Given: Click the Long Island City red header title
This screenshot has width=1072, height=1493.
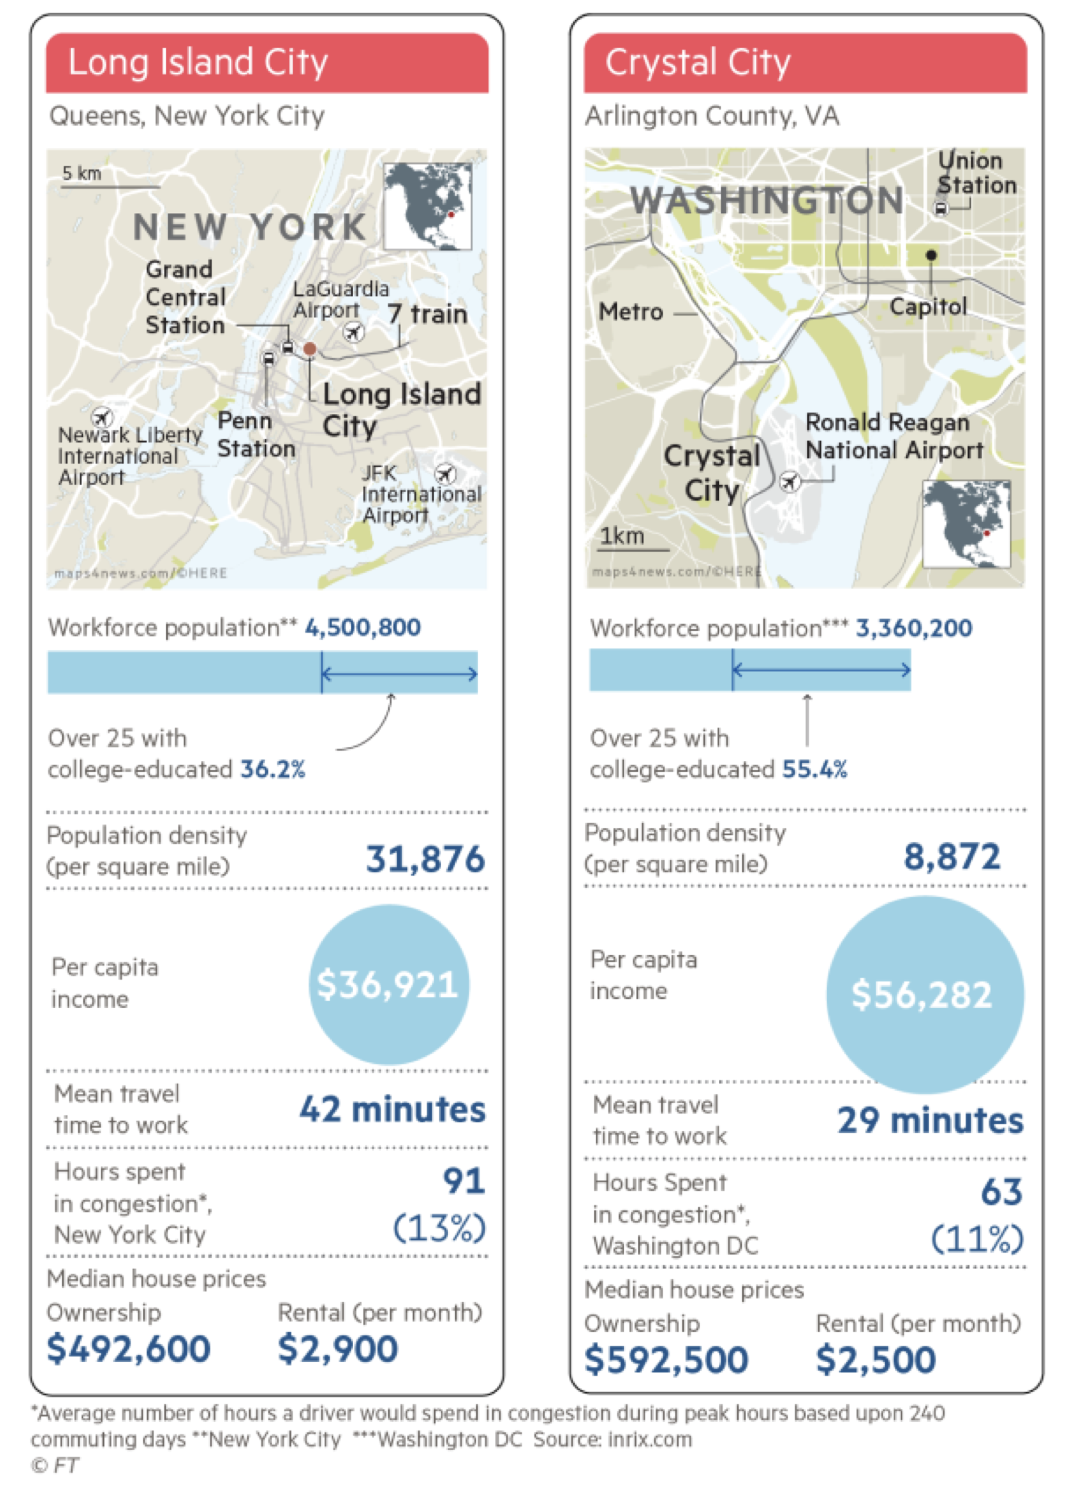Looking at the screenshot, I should (197, 63).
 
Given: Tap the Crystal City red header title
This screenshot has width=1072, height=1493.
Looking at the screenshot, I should (697, 63).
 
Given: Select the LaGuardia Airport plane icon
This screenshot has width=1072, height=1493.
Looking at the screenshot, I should (353, 333).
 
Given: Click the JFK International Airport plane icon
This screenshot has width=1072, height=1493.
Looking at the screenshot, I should (445, 473).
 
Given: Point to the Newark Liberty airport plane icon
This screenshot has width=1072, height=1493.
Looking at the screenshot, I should (102, 416).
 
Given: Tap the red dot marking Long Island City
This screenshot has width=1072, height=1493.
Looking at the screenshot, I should (309, 349).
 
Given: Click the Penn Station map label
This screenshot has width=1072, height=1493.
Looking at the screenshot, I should (256, 434).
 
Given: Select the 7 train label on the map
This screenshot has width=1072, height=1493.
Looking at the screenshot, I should (427, 314).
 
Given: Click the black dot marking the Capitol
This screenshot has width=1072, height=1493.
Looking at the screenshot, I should (931, 255).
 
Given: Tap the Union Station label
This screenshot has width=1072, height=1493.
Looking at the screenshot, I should (976, 173).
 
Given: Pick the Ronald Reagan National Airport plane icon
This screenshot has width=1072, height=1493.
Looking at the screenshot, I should (790, 482).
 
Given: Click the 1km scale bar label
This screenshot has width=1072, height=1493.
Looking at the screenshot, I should (621, 536).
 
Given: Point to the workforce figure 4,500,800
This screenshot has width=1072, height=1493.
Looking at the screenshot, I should (363, 627).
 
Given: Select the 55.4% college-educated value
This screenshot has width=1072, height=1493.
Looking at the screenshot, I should (814, 769).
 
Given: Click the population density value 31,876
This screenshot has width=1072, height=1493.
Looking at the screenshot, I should (425, 859).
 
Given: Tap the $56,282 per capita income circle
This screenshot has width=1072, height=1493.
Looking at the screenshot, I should (924, 994).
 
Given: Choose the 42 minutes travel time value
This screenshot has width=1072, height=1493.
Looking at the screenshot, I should (393, 1109).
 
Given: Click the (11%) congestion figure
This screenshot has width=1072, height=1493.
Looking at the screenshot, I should (977, 1239).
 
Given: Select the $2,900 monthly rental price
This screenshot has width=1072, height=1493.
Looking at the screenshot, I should (337, 1349).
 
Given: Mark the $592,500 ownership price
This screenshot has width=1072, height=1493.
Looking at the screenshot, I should (666, 1359).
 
